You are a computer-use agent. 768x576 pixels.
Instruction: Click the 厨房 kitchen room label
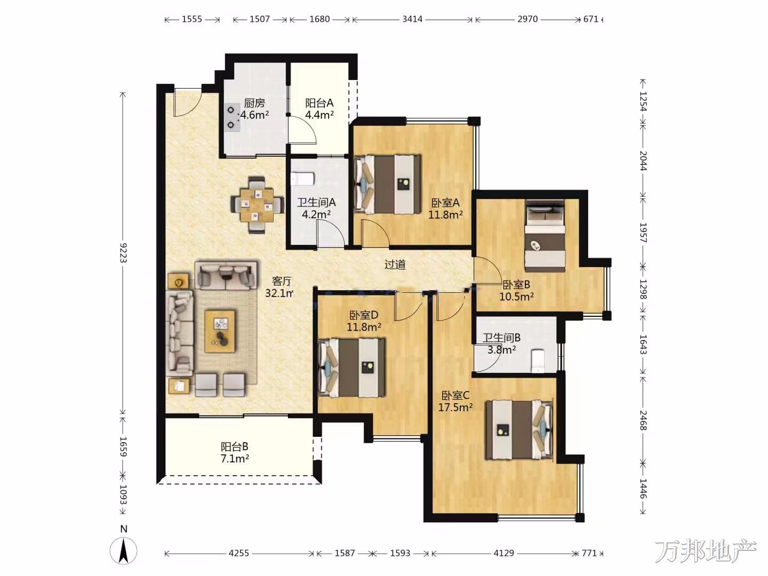pos(254,103)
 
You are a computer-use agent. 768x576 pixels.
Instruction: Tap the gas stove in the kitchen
pos(232,117)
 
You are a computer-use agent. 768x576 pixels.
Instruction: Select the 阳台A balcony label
pos(319,103)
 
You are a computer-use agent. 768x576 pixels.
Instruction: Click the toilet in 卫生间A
pos(302,179)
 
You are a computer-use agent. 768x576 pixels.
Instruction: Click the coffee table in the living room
pos(220,331)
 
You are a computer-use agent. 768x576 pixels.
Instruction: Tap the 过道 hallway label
pos(395,265)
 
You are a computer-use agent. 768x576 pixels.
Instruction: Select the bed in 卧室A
pos(387,184)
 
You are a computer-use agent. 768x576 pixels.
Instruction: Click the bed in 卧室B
pos(545,236)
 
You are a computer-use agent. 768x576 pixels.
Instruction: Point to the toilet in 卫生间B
pos(538,360)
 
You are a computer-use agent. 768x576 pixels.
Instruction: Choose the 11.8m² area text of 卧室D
pos(364,327)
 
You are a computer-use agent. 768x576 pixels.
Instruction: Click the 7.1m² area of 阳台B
pos(235,459)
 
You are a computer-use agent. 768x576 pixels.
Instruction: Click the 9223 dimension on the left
pos(123,252)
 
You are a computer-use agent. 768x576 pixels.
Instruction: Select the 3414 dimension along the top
pos(412,19)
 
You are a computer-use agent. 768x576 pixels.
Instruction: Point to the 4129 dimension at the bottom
pos(504,553)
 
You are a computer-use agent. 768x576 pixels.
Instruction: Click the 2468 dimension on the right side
pos(643,420)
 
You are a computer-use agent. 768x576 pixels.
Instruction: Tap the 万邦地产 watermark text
pos(706,551)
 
